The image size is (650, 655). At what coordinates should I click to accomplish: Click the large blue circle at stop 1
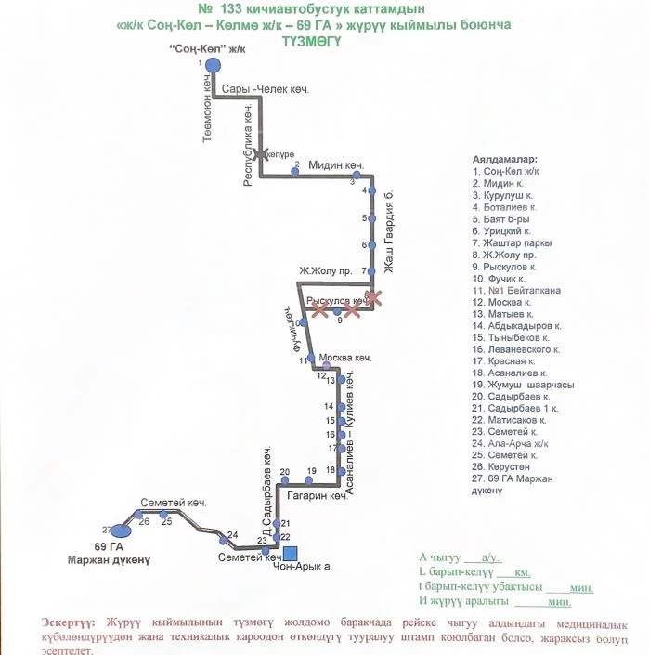pyautogui.click(x=213, y=64)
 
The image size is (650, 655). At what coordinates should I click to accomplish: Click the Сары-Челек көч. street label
pyautogui.click(x=265, y=89)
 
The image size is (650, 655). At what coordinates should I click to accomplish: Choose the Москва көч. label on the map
pyautogui.click(x=344, y=358)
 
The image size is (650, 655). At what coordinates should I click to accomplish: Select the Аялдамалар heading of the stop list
pyautogui.click(x=504, y=160)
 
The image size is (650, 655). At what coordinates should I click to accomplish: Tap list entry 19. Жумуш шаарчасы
pyautogui.click(x=523, y=385)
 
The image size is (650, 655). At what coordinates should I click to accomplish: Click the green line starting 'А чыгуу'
pyautogui.click(x=461, y=557)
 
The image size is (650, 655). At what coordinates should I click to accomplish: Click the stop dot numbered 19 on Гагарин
pyautogui.click(x=312, y=480)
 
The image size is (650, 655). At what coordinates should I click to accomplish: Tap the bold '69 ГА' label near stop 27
pyautogui.click(x=109, y=547)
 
